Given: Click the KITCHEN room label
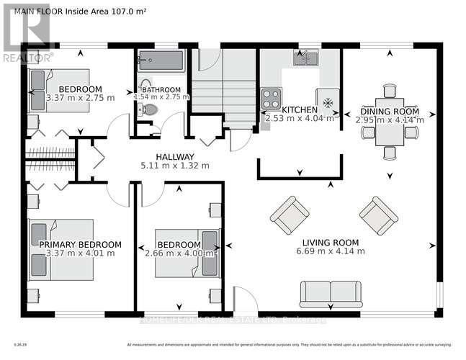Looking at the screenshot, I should click(x=299, y=109).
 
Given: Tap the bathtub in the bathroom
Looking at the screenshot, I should click(x=161, y=60).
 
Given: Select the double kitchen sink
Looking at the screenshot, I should click(x=307, y=58).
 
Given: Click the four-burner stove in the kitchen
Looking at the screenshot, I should click(x=271, y=98).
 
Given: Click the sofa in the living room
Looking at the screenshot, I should click(x=331, y=293).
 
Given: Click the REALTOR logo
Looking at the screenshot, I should click(x=26, y=32).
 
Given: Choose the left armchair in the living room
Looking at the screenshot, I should click(x=290, y=213).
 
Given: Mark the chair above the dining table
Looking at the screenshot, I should click(x=390, y=90).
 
